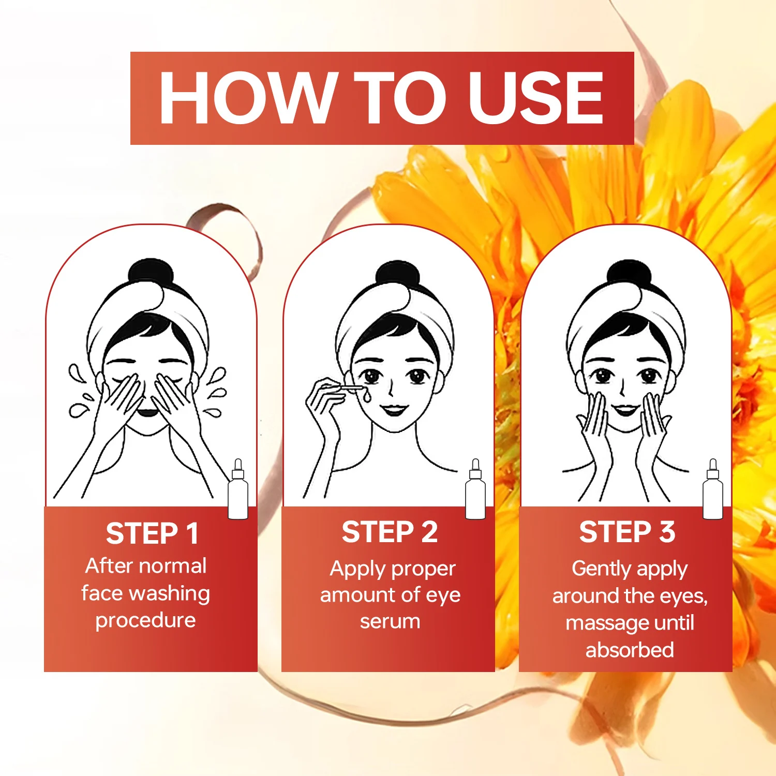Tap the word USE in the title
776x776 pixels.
click(x=536, y=98)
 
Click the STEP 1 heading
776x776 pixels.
click(x=152, y=533)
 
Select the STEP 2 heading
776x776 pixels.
click(x=390, y=532)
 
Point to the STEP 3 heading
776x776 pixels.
click(x=627, y=532)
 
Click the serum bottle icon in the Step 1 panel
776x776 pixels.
click(x=238, y=489)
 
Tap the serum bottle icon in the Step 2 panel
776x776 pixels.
click(x=475, y=489)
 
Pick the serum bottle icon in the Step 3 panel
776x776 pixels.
click(x=712, y=489)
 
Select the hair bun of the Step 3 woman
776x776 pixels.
click(x=628, y=272)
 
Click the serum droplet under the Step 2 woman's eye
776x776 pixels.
click(x=367, y=396)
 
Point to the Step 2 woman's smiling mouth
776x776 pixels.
click(x=394, y=410)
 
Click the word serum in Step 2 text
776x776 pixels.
click(x=390, y=621)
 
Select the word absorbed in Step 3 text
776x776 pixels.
click(x=630, y=650)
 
